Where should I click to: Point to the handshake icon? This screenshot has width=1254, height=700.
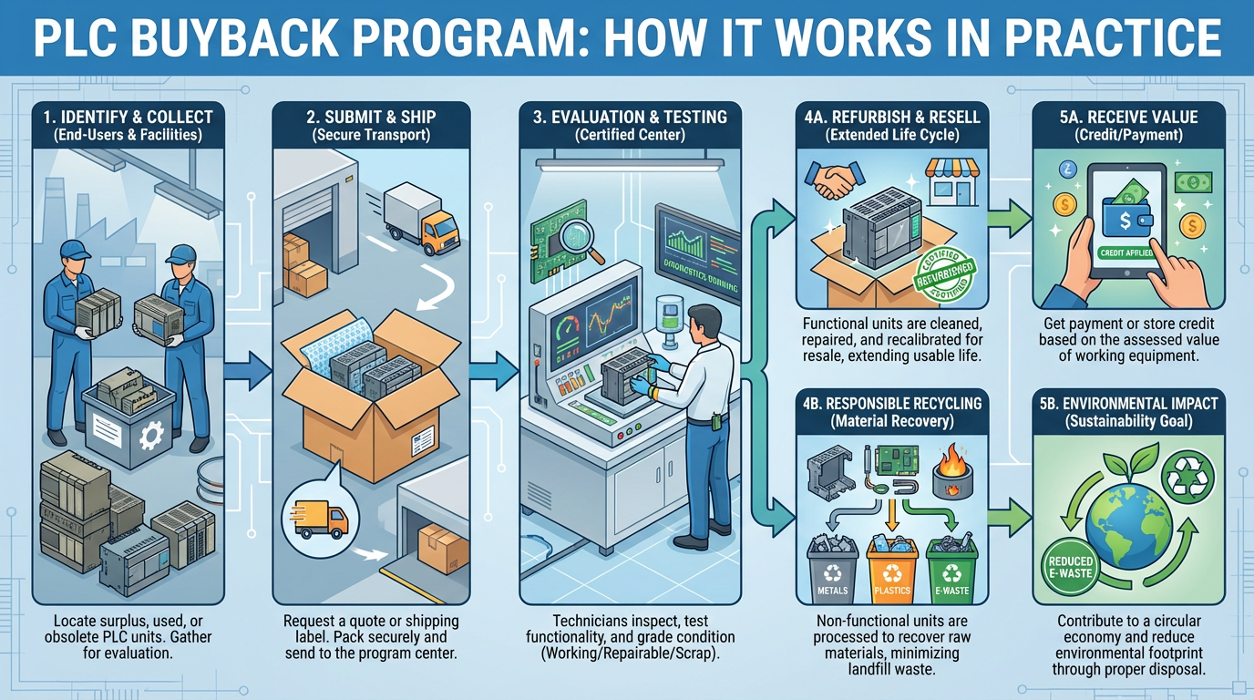pos(832,181)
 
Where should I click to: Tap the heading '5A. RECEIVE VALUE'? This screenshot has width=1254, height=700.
pos(1128,117)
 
